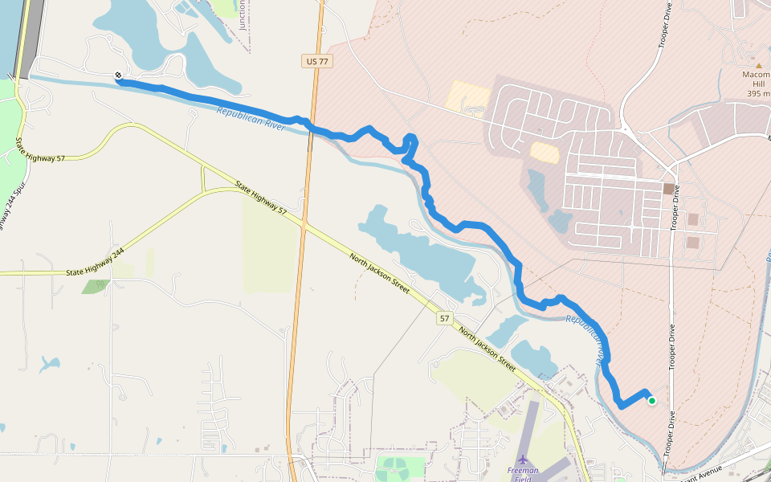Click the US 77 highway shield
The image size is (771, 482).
coord(317,61)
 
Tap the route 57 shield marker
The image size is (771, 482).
coord(445,319)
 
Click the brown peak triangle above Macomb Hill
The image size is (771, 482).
coord(758,65)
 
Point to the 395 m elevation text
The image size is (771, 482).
coord(758,94)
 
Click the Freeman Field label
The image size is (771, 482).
coord(522,474)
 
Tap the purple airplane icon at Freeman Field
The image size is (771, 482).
coord(523,460)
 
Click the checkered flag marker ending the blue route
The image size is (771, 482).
coord(118,75)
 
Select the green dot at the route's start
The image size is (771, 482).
coord(651,400)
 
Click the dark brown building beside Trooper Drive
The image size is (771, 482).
coord(668,189)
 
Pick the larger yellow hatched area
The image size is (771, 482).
coord(467,95)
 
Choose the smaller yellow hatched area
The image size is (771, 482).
coord(545,152)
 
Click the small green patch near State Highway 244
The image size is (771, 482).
coord(96,286)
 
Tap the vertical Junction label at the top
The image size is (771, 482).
coord(243,14)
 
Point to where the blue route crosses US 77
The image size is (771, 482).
coord(310,127)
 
